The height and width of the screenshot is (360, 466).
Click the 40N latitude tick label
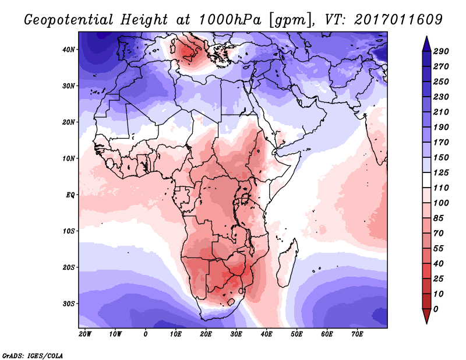point(69,49)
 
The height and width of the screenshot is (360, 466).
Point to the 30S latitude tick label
point(69,303)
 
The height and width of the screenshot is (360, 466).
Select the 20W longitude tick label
point(84,334)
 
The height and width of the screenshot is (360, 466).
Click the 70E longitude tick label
point(357,334)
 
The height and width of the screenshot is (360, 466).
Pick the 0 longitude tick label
point(146,334)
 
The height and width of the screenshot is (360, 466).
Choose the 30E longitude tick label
point(236,334)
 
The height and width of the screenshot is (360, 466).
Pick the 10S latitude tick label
point(69,231)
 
